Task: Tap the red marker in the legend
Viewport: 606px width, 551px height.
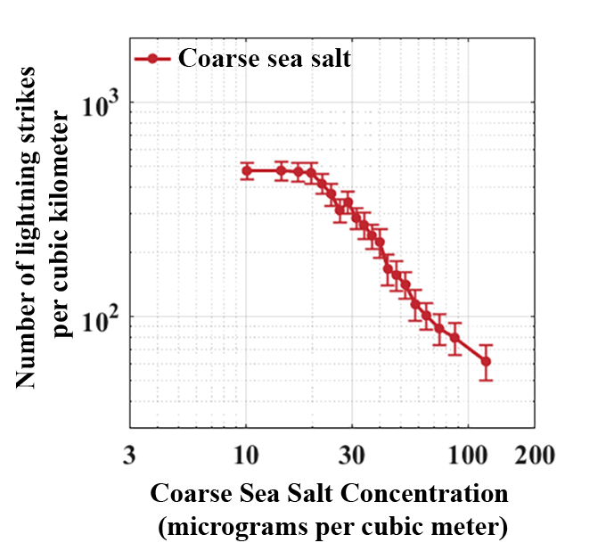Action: pos(152,59)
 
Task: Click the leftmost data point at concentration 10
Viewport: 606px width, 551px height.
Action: pos(247,170)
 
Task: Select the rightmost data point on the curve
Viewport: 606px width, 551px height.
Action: pos(486,361)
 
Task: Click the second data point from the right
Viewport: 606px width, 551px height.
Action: pos(454,338)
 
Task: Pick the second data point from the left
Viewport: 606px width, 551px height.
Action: pos(281,170)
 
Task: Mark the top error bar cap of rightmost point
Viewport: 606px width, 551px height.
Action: pos(486,344)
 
